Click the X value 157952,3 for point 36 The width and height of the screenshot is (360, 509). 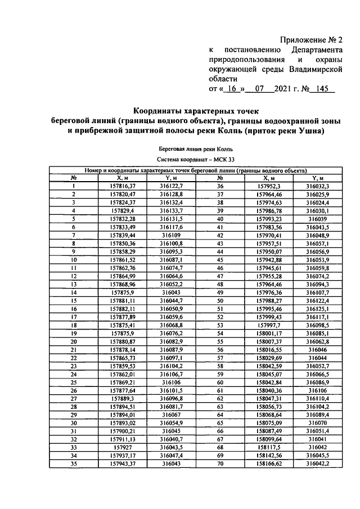tap(268, 186)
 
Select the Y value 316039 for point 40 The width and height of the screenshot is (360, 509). tap(317, 218)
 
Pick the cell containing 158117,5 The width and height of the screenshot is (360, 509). tap(268, 447)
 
